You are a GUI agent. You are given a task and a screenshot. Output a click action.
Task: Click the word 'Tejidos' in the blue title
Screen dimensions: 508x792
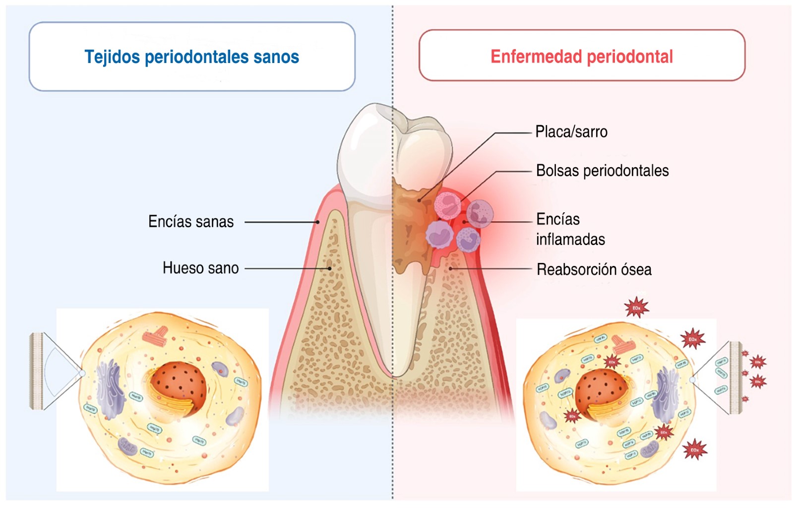coord(112,57)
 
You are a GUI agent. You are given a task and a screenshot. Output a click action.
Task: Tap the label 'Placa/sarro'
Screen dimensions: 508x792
coord(571,132)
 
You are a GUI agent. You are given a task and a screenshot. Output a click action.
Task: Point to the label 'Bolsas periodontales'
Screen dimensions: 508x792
coord(602,171)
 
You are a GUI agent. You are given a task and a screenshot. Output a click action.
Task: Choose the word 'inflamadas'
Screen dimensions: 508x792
coord(570,240)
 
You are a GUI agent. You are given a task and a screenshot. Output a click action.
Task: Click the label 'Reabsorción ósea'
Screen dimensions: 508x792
coord(594,270)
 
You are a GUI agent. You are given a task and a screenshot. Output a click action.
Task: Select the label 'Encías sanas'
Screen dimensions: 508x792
coord(191,222)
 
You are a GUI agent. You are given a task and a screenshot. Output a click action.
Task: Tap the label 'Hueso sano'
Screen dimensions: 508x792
coord(200,268)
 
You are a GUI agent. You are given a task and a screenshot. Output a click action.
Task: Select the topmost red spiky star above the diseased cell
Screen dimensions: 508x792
coord(636,308)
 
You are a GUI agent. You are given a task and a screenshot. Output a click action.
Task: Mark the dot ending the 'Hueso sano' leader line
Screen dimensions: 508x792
coord(329,268)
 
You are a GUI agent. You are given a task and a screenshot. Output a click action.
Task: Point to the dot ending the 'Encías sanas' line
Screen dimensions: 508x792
coord(318,222)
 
